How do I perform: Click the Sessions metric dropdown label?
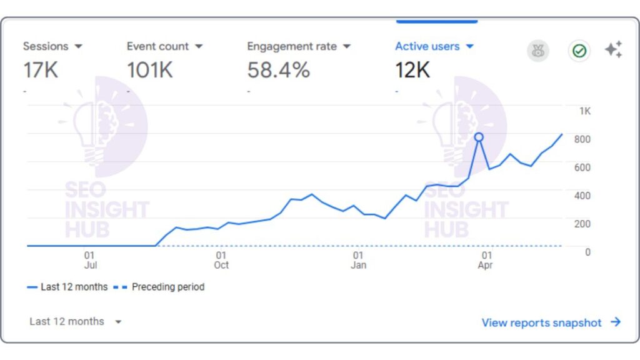(x=52, y=46)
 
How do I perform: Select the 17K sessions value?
(x=41, y=70)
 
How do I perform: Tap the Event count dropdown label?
(x=164, y=46)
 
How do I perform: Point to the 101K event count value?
(x=150, y=70)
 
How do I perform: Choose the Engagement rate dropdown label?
(x=299, y=46)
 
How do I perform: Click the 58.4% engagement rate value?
(x=278, y=70)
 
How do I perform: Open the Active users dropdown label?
(x=434, y=46)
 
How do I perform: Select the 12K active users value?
(x=412, y=70)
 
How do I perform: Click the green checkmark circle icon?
(x=579, y=51)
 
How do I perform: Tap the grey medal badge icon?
(x=537, y=51)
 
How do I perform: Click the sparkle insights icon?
(x=613, y=50)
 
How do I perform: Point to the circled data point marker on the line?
(x=479, y=137)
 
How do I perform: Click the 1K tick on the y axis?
(x=584, y=111)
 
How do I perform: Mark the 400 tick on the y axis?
(x=582, y=196)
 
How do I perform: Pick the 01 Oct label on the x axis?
(x=221, y=260)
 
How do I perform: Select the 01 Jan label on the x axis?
(x=358, y=260)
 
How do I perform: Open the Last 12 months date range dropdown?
(x=75, y=322)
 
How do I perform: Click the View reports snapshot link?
(x=551, y=322)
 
